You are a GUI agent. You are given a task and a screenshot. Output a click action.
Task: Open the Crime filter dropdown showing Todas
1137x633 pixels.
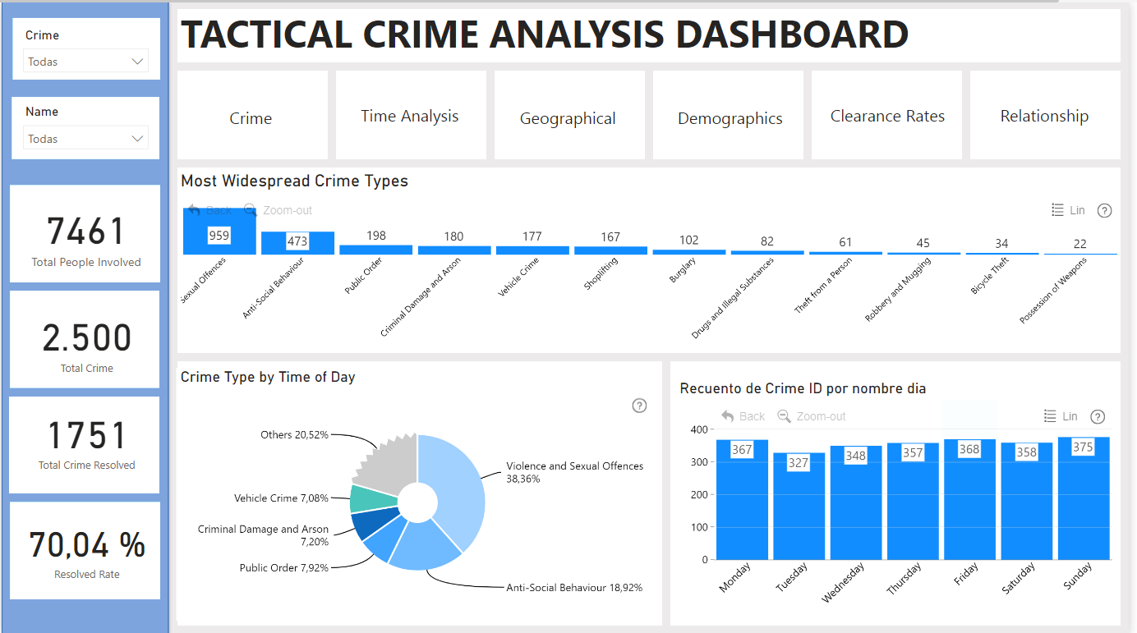86,62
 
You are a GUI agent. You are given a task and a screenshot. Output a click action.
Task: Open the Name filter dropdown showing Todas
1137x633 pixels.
86,139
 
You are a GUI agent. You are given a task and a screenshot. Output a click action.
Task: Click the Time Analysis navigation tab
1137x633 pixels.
410,116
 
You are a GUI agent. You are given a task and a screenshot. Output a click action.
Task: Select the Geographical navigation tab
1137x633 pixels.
568,118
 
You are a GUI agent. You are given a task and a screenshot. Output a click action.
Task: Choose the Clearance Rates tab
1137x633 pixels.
887,116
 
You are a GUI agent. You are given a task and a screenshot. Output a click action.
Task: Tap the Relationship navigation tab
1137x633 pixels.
1044,116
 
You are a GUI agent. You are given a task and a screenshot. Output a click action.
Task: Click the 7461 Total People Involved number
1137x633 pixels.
86,232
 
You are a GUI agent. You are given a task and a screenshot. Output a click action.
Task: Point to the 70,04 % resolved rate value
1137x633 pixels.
87,544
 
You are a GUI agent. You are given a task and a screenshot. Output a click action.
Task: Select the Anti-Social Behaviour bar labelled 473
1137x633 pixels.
297,243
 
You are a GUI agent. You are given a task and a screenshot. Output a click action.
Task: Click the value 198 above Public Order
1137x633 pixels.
375,236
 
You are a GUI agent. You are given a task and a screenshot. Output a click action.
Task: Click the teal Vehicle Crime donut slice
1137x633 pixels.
364,498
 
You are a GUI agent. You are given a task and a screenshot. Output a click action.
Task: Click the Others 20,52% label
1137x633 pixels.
294,434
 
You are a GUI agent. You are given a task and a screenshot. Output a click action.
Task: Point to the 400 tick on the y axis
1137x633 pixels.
699,429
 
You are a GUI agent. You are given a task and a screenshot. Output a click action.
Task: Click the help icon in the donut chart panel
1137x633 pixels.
639,406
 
